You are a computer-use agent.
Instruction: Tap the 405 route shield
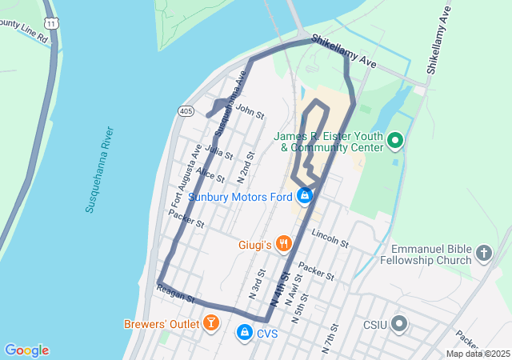[186, 110]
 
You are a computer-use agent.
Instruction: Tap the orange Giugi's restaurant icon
[282, 243]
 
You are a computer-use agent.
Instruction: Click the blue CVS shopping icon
[244, 331]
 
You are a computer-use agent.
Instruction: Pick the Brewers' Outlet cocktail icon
[210, 323]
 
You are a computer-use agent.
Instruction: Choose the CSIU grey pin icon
[399, 324]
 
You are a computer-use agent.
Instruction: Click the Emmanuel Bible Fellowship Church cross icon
[483, 254]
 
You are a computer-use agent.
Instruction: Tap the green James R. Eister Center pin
[394, 142]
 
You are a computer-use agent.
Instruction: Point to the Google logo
[26, 350]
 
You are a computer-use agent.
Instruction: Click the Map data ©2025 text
[478, 354]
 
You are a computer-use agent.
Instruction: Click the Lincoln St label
[330, 238]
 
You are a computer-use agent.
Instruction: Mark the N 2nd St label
[245, 167]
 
